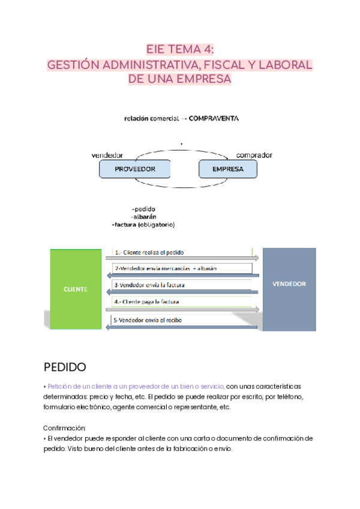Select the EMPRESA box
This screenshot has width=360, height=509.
[227, 169]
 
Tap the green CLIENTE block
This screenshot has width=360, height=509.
[75, 289]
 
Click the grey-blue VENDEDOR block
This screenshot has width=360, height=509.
[289, 284]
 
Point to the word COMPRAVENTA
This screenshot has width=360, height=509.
[214, 119]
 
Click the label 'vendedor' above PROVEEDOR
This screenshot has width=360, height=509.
[107, 155]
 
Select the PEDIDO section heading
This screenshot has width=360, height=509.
[65, 366]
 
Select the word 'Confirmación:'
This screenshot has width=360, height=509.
[65, 428]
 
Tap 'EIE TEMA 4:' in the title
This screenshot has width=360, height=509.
[180, 50]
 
